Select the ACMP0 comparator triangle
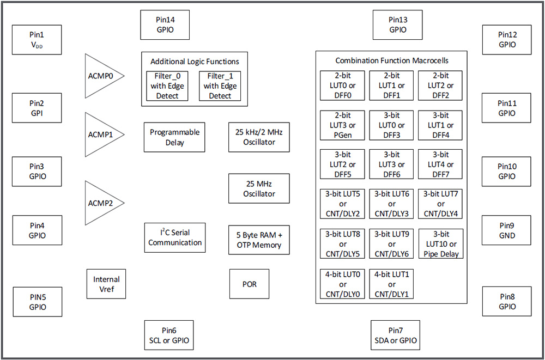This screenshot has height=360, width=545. [101, 76]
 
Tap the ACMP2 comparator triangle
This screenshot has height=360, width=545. [101, 203]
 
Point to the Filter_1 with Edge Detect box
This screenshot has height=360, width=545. [220, 86]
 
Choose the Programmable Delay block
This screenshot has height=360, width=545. [174, 137]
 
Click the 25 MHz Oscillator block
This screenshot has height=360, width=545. [259, 188]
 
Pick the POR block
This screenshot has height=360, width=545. [249, 284]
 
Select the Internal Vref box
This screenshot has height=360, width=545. [106, 284]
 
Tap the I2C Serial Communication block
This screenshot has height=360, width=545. [175, 237]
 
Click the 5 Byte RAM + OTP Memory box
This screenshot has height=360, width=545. [259, 240]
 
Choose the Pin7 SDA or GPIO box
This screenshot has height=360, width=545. [395, 335]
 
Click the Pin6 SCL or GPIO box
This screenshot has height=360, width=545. [168, 335]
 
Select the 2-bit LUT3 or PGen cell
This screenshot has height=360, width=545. [342, 125]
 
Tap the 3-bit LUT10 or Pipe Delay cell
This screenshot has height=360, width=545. [441, 243]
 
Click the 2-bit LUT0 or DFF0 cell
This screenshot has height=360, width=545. [342, 86]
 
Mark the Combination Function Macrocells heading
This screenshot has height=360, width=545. [392, 60]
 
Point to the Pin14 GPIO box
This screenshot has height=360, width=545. [165, 25]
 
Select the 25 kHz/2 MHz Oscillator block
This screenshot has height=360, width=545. [259, 137]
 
